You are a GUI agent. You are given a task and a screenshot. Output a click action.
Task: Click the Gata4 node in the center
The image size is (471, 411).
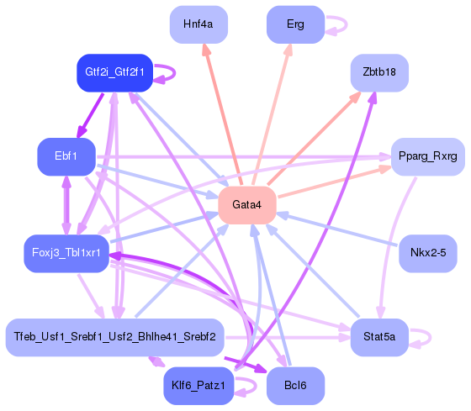pos(247,205)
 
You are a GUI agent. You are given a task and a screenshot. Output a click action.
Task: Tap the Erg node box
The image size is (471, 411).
pos(295,24)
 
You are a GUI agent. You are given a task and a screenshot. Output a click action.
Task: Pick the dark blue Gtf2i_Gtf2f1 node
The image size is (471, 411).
pos(114,72)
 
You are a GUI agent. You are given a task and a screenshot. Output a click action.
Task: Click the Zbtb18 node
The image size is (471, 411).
pos(379,72)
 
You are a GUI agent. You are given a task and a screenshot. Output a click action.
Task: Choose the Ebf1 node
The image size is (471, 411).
pos(66,156)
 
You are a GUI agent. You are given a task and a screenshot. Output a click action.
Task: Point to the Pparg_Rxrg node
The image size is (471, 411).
pos(428,156)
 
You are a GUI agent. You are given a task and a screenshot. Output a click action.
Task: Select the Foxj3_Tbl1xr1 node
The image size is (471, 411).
pos(66,253)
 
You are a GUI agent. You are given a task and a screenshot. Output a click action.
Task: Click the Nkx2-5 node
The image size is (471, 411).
pos(428,253)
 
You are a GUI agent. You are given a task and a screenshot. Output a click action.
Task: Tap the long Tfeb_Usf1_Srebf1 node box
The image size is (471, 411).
pos(114,337)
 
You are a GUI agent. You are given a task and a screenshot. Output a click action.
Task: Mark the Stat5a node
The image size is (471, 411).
pos(379,337)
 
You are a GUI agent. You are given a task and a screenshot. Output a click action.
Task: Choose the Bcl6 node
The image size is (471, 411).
pos(295,386)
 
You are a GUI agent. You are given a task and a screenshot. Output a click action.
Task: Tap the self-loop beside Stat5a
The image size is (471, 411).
pos(423,337)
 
